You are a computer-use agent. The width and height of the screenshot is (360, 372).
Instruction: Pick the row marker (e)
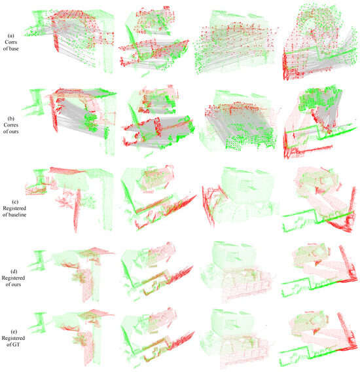click(x=10, y=327)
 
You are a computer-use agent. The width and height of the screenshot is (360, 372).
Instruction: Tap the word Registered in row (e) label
click(x=10, y=335)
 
